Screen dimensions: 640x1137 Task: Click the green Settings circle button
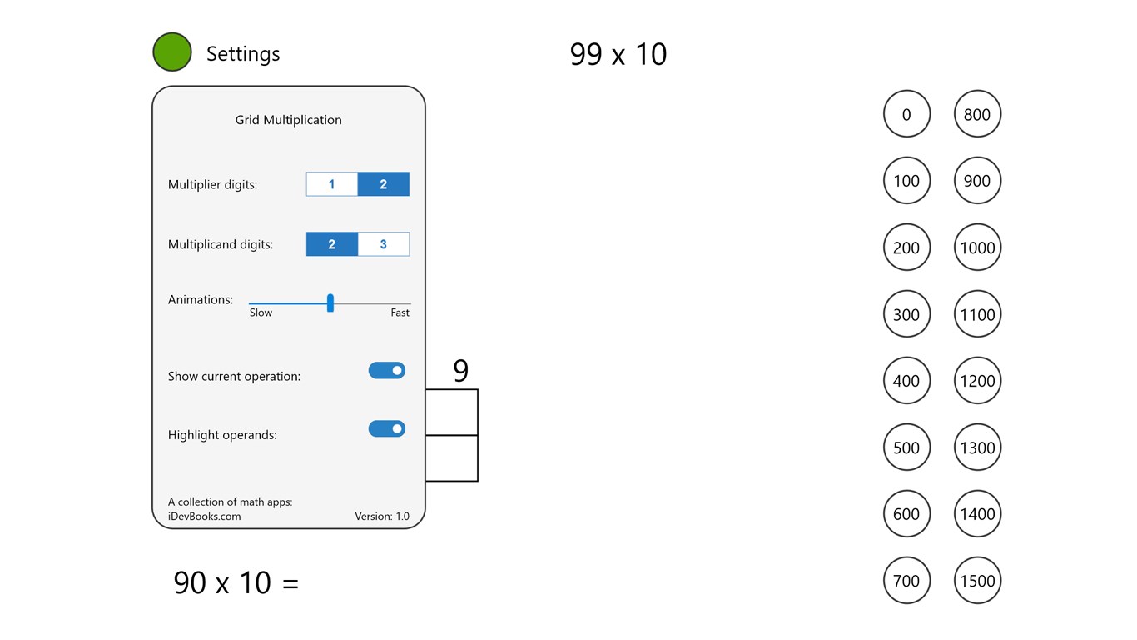coord(172,52)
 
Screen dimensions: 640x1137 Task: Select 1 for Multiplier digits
coord(332,184)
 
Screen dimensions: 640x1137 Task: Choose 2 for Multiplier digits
coord(383,184)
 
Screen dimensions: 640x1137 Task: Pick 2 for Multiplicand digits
coord(332,244)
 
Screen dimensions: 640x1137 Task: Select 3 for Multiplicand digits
coord(383,244)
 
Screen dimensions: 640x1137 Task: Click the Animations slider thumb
coord(330,303)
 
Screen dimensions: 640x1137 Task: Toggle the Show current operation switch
coord(387,371)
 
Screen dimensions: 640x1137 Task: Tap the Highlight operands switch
coord(387,429)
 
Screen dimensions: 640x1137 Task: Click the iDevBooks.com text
coord(205,517)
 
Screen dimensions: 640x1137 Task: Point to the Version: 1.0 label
coord(382,517)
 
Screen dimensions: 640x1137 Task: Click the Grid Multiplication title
coord(288,120)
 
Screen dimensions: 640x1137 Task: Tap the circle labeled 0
coord(906,114)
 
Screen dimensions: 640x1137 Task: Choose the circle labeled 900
coord(977,181)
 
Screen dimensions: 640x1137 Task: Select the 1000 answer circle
coord(977,247)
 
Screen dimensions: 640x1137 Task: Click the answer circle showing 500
coord(906,447)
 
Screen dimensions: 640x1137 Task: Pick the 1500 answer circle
coord(977,581)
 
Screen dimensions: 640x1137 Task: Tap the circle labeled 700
coord(906,581)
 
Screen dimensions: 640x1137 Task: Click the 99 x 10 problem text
coord(618,55)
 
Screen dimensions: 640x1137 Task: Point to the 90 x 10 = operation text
coord(236,582)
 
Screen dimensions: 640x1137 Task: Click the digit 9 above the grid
coord(460,371)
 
